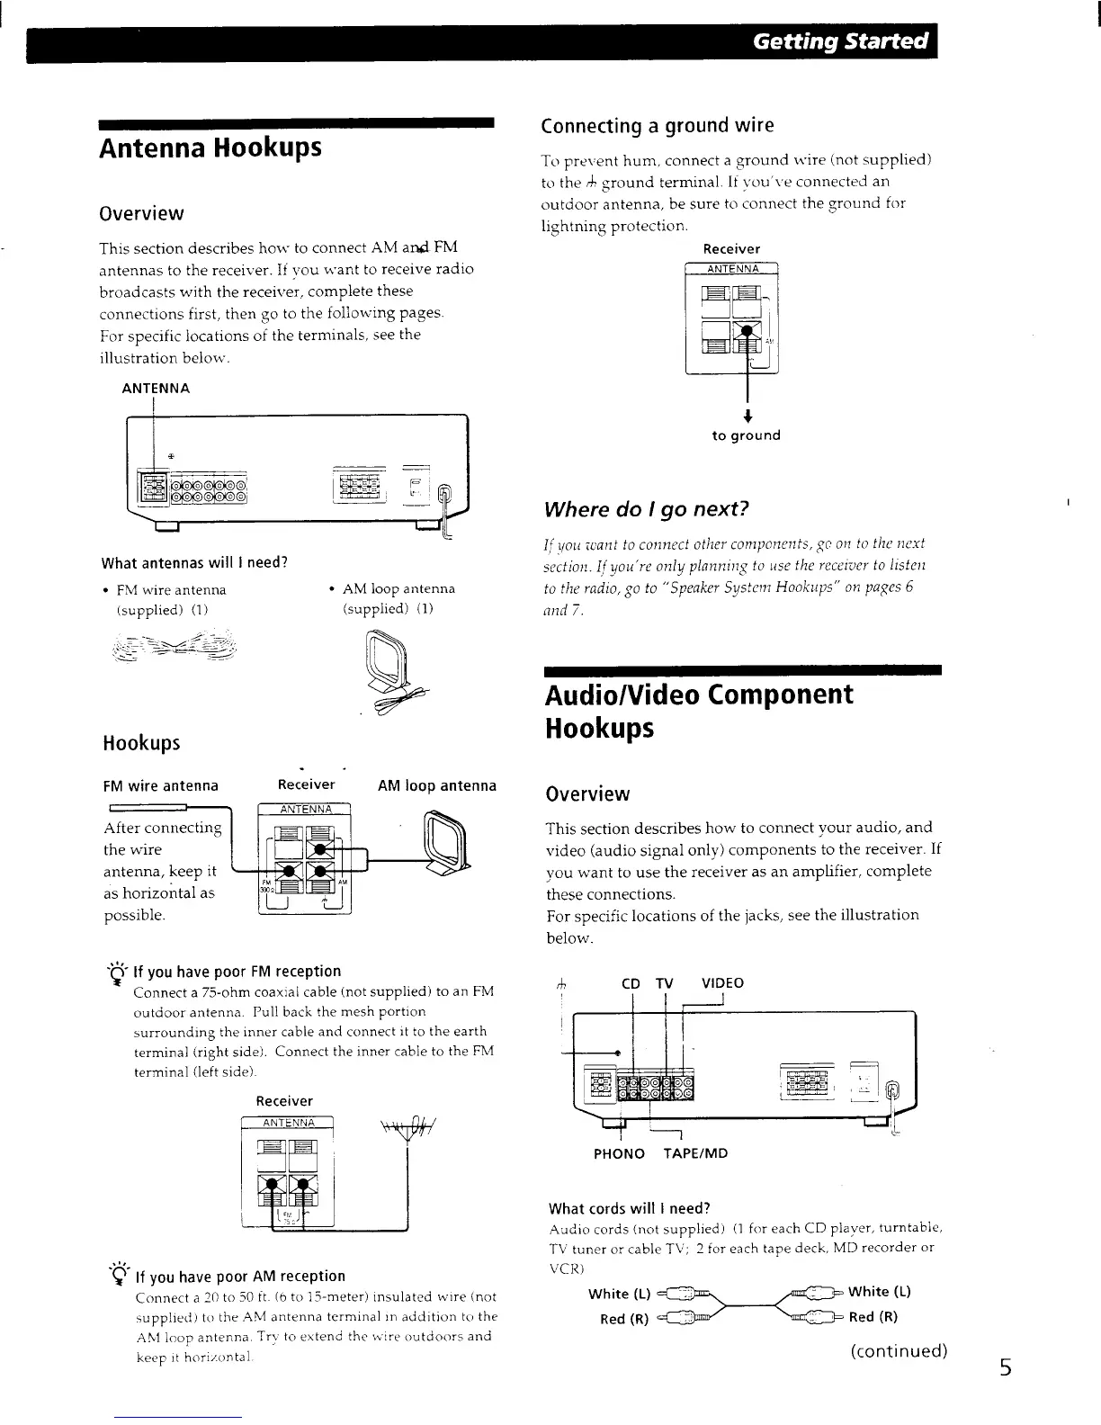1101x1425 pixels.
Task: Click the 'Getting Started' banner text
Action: [x=840, y=42]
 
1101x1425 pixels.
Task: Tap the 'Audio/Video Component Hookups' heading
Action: [x=699, y=711]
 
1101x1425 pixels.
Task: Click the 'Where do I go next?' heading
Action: [x=646, y=509]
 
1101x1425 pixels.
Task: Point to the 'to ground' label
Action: [x=746, y=435]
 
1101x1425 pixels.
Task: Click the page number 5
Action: [x=1005, y=1368]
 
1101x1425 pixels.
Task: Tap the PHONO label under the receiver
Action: [x=619, y=1153]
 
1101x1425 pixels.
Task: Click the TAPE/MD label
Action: [x=695, y=1153]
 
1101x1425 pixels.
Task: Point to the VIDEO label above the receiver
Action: [x=723, y=982]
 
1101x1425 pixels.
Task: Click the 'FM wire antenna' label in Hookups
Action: [x=160, y=785]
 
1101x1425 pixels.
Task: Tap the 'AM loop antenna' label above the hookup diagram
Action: [x=437, y=785]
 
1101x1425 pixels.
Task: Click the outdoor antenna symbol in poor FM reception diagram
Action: [x=407, y=1127]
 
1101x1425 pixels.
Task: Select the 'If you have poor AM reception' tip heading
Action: [x=239, y=1276]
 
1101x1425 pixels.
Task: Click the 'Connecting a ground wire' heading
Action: [x=657, y=125]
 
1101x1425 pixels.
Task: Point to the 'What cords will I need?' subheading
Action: [x=630, y=1207]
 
